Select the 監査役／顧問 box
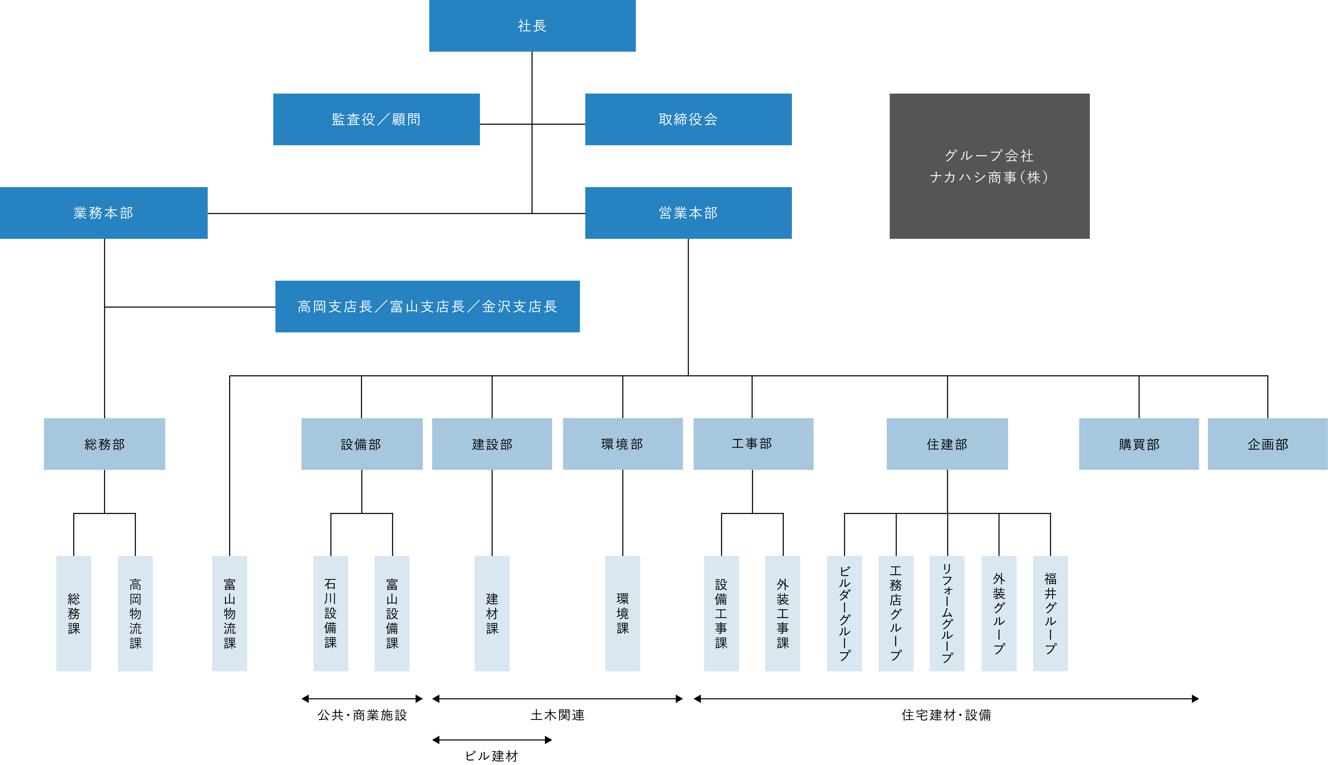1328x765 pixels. [x=376, y=119]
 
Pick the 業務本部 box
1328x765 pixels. [x=104, y=213]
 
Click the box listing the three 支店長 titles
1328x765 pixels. [x=427, y=306]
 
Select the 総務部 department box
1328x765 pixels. [x=105, y=444]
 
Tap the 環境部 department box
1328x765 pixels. [x=623, y=444]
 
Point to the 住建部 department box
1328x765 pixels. [x=947, y=444]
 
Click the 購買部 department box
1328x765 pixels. [x=1139, y=444]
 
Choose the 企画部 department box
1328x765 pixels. [x=1267, y=444]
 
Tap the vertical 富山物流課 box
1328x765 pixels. [x=230, y=613]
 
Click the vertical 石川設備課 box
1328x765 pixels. [x=331, y=613]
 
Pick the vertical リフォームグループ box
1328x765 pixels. [x=947, y=613]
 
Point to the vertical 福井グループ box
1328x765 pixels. [x=1050, y=613]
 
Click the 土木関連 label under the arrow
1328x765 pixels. [x=558, y=715]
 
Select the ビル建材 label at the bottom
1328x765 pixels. [x=492, y=756]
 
